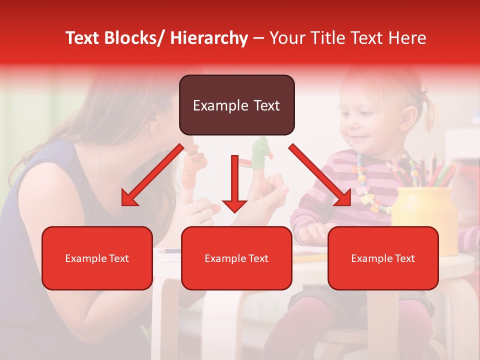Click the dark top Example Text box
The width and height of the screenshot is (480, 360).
[x=236, y=105]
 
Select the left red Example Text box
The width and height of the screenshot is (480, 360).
[x=97, y=258]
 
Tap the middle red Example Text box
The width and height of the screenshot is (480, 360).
[x=236, y=258]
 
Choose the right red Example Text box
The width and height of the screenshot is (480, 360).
[x=383, y=258]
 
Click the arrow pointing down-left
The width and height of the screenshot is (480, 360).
[x=152, y=175]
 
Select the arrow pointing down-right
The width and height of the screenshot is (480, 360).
[x=320, y=175]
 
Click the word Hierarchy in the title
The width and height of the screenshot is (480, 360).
[x=209, y=38]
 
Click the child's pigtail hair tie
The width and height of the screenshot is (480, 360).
[x=424, y=94]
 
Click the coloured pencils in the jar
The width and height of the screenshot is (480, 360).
[x=420, y=170]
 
